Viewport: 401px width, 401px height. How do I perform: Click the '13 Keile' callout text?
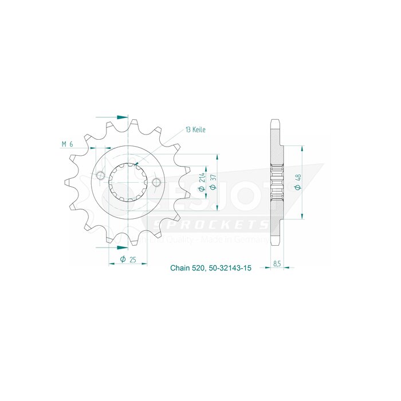(x=195, y=130)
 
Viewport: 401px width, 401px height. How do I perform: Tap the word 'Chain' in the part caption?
(x=180, y=268)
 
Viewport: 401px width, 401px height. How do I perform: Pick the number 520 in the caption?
(x=199, y=268)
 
